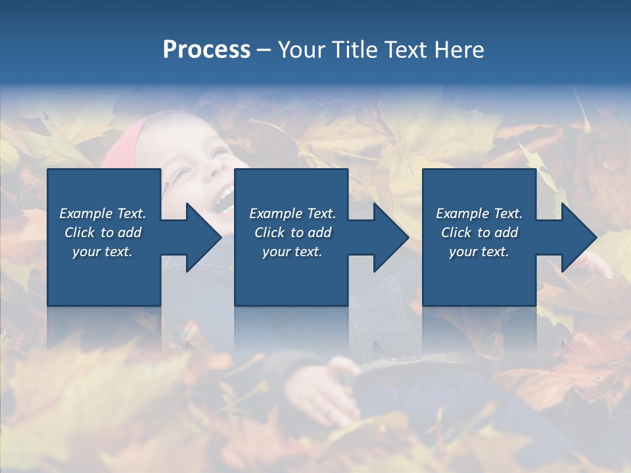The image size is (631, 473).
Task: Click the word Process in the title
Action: [x=206, y=50]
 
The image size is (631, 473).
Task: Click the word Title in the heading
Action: [x=354, y=50]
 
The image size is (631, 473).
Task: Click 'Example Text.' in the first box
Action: [x=103, y=214]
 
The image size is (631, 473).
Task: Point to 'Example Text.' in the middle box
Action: [x=292, y=214]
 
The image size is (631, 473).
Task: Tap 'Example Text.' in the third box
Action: [x=479, y=214]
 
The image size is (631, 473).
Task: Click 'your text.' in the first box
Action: [x=103, y=252]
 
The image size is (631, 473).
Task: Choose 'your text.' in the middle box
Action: [x=292, y=252]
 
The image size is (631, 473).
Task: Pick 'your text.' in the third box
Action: [x=479, y=252]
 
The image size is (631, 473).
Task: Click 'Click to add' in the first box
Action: [x=103, y=233]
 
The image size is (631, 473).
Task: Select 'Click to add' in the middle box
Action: [x=292, y=233]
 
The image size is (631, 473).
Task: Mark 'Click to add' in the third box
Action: [x=479, y=233]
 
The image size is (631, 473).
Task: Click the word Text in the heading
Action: [x=409, y=50]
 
